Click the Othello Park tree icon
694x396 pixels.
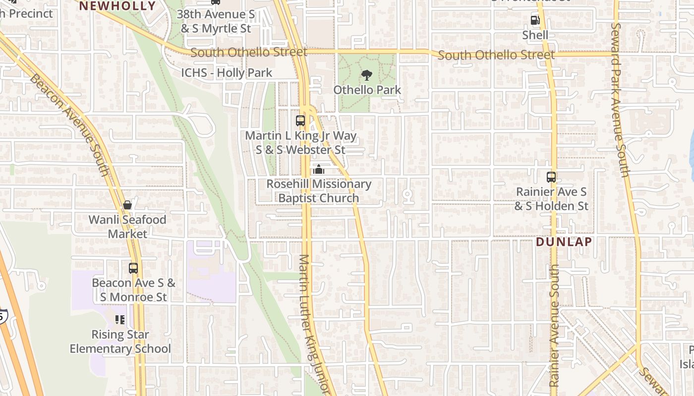point(367,75)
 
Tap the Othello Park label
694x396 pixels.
point(367,90)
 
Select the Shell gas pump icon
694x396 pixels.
point(535,20)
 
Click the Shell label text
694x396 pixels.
point(535,35)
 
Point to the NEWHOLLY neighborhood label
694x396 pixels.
point(117,6)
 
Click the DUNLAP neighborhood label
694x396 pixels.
point(564,242)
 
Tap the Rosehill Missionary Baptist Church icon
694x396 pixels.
point(318,170)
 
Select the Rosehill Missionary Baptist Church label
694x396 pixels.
point(319,191)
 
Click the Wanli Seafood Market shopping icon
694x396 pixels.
point(127,205)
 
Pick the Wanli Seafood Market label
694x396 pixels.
point(127,227)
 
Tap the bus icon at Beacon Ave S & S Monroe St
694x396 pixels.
point(133,268)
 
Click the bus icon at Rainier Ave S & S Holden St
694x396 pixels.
point(551,177)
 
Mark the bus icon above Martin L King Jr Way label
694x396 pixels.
point(300,120)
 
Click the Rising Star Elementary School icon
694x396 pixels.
point(120,320)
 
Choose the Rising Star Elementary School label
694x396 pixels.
point(120,342)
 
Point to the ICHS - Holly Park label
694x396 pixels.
point(227,73)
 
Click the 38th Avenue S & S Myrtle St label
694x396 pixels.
point(216,21)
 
